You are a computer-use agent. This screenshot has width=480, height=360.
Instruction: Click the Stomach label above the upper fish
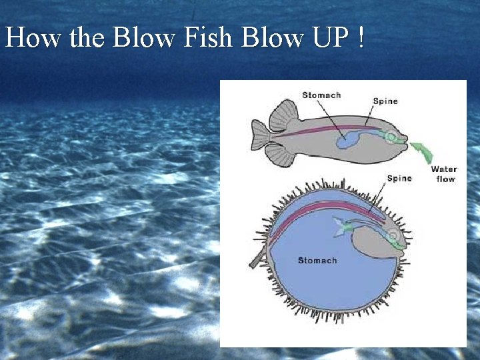point(321,95)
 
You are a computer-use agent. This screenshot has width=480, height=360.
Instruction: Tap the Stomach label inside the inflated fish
point(317,260)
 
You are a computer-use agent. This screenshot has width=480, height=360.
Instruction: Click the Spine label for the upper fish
point(385,101)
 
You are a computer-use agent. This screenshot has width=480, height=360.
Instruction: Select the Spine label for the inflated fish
point(399,178)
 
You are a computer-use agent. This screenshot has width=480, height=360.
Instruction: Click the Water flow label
point(444,174)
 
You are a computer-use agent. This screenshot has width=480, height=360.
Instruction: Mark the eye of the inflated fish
point(393,236)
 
